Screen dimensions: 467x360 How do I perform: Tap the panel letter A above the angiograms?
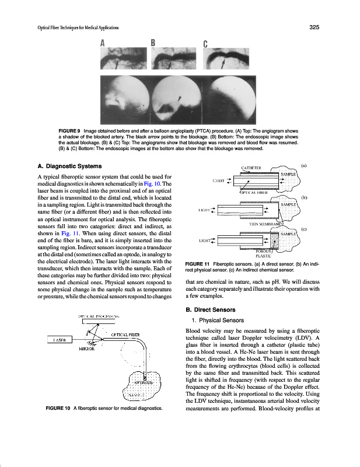click(x=103, y=43)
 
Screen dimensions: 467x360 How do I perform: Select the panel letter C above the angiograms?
click(x=205, y=44)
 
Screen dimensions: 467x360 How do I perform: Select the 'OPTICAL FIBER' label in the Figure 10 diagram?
click(x=125, y=334)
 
